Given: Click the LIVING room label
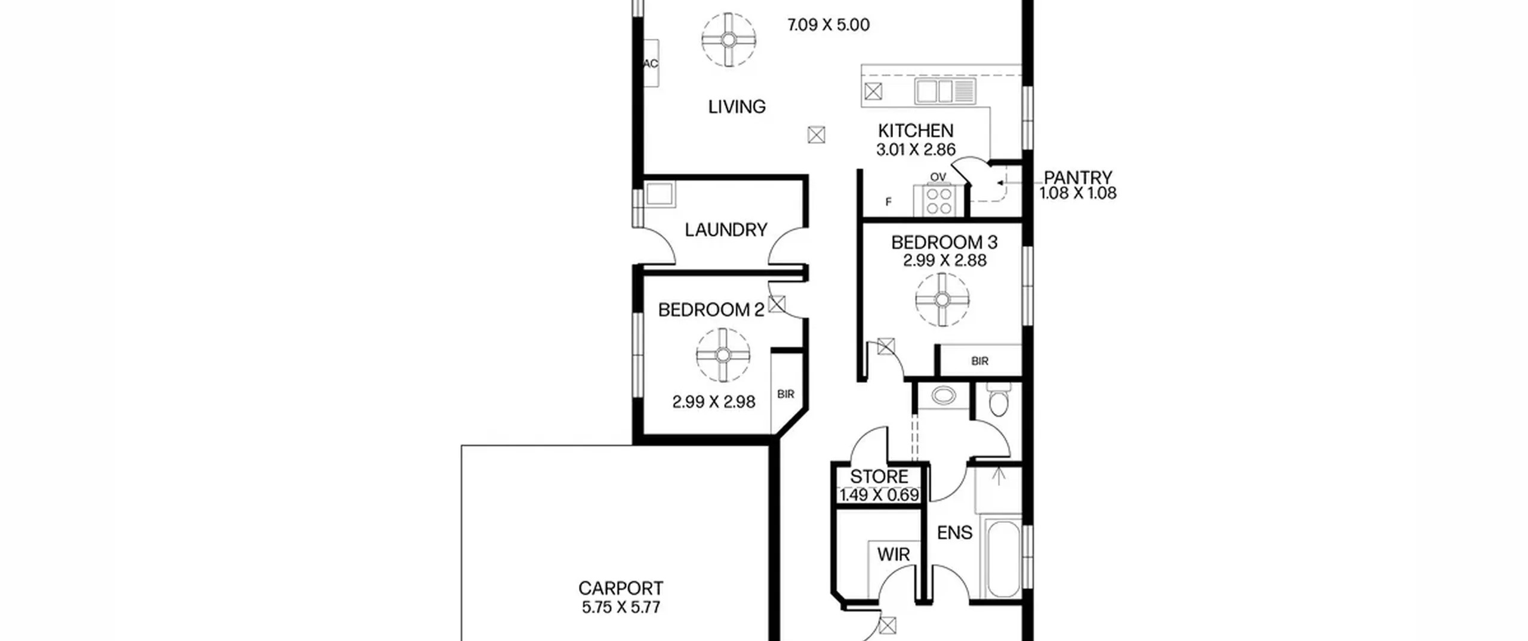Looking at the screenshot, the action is click(737, 107).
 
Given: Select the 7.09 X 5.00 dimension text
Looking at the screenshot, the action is click(828, 25).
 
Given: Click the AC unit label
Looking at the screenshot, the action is click(651, 63).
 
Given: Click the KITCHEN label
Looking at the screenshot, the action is click(916, 131).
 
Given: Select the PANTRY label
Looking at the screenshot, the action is click(1078, 177).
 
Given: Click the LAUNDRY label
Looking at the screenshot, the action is click(726, 230).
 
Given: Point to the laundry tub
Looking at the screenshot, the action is click(660, 194).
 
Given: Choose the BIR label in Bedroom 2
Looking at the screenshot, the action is click(786, 394).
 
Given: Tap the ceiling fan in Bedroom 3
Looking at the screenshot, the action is click(942, 299).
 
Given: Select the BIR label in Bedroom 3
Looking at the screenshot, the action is click(979, 361).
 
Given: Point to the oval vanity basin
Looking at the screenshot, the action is click(943, 395).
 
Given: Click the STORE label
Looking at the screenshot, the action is click(879, 476).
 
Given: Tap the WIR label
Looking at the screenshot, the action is click(894, 555).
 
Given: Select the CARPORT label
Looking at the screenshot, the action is click(621, 588).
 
